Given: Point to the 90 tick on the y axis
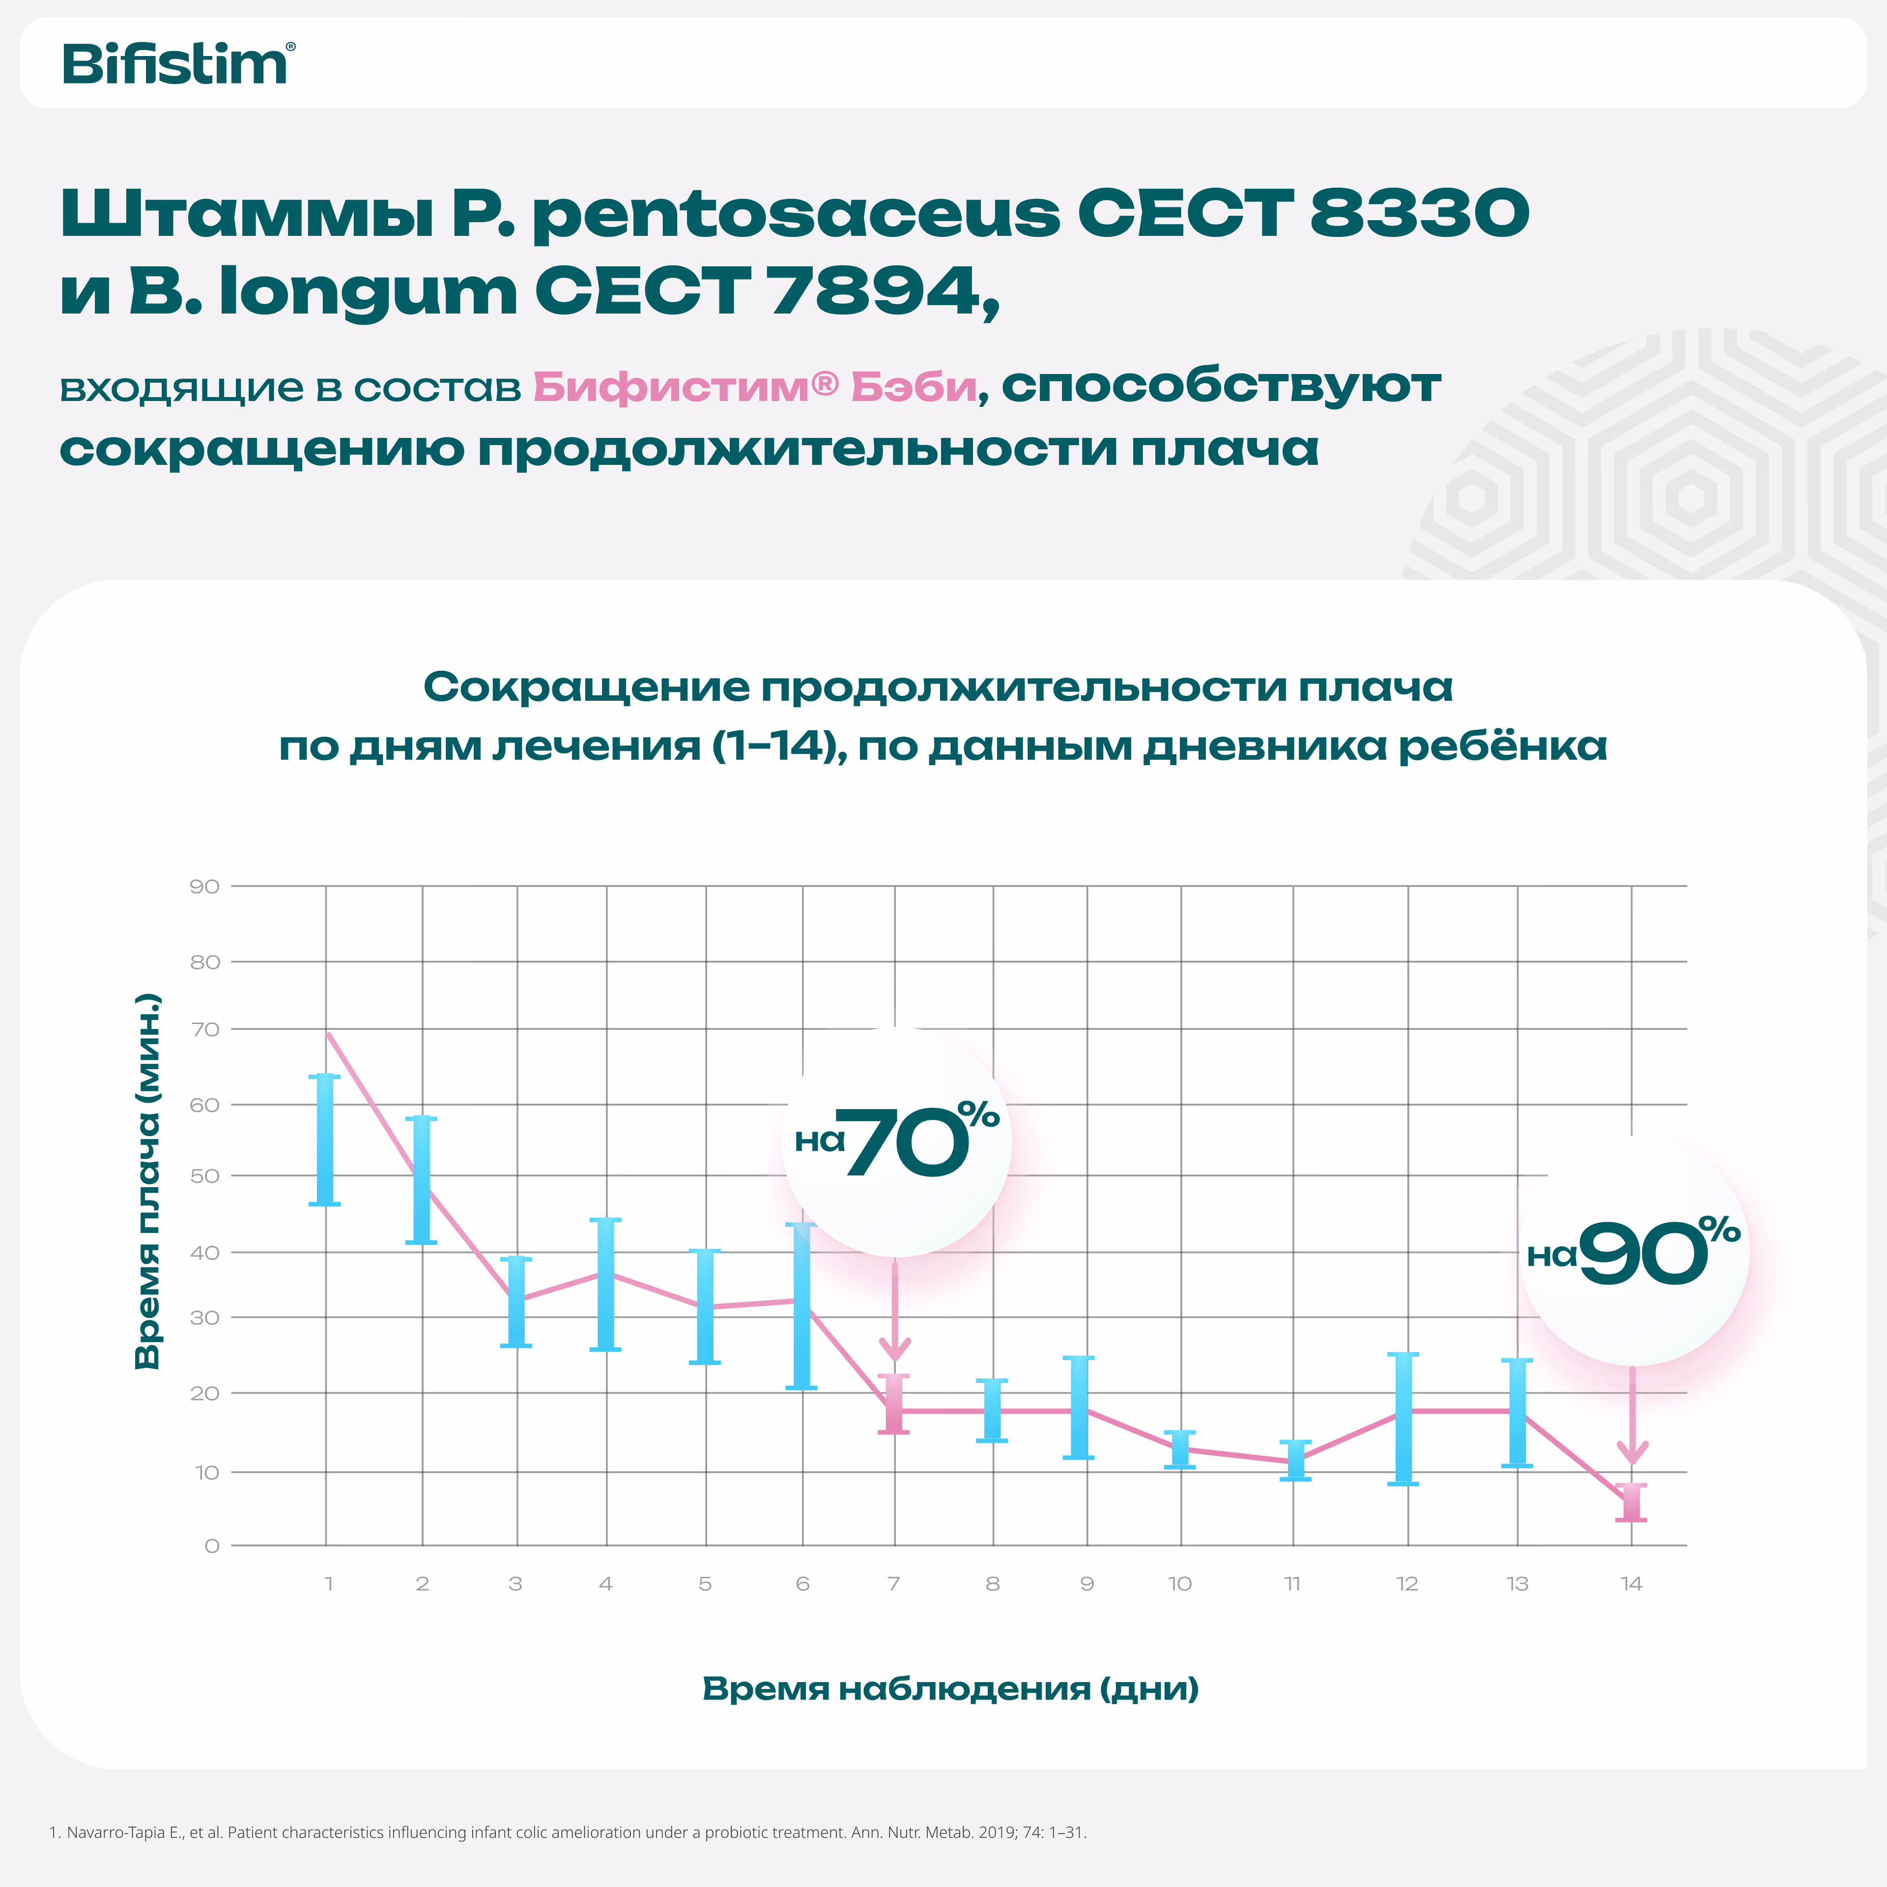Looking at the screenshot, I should pos(204,887).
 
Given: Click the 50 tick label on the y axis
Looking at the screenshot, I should pos(204,1176).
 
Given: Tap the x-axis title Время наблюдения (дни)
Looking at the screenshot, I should pos(950,1689).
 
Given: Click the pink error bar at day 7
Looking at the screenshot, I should pos(894,1404).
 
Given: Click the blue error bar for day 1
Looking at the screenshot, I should pos(325,1140).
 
